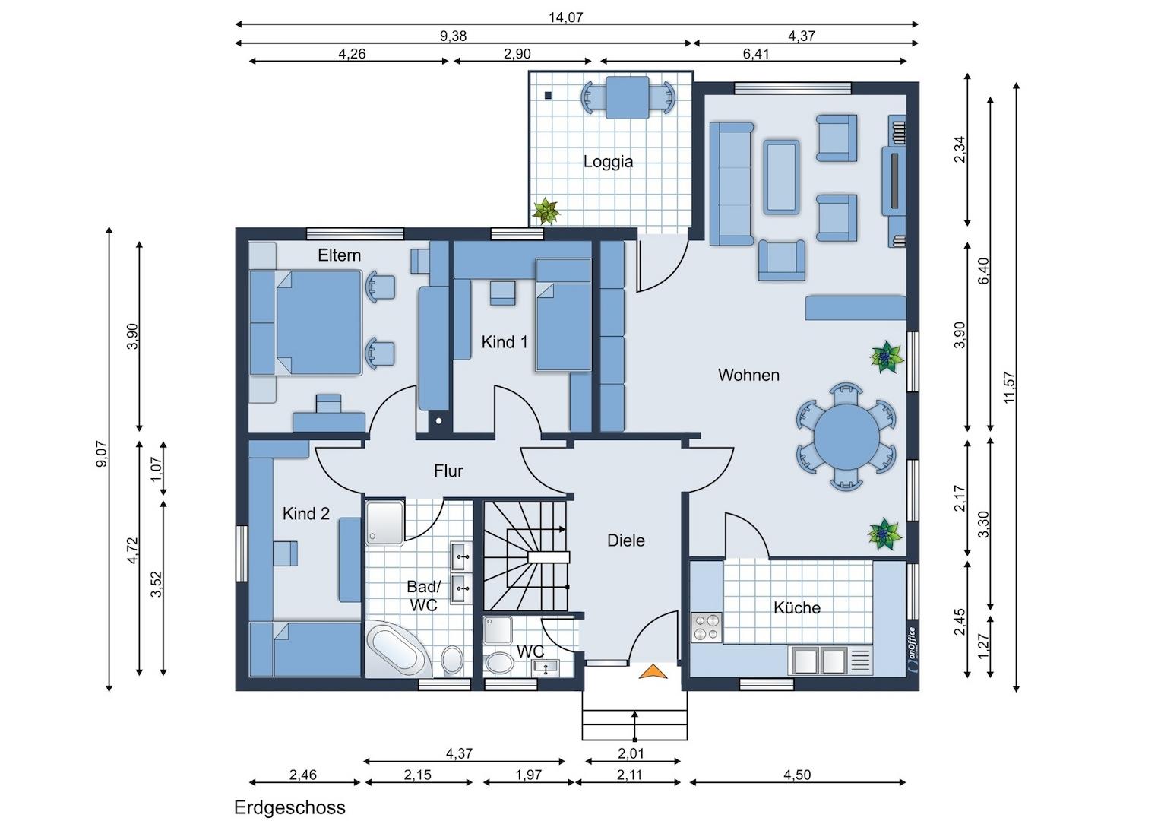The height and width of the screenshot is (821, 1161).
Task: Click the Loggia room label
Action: tap(608, 162)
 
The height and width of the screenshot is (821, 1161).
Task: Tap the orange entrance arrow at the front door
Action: tap(653, 672)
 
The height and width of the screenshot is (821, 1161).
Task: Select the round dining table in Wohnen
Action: tap(846, 436)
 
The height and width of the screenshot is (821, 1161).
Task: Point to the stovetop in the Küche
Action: tap(706, 627)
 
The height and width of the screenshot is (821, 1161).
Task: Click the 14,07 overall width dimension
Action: tap(566, 17)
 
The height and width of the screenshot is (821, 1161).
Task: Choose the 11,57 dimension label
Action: tap(1009, 388)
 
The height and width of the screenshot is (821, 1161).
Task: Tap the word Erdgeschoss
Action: tap(289, 807)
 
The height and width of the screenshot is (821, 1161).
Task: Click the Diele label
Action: tap(626, 540)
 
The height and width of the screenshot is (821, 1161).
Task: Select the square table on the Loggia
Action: tap(627, 97)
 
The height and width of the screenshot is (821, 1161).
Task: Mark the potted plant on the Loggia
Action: tap(546, 211)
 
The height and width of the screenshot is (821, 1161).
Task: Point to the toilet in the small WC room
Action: tap(498, 664)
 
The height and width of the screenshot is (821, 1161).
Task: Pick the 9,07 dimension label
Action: tap(102, 454)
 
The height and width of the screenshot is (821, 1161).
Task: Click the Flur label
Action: tap(448, 471)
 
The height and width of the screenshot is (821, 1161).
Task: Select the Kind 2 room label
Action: tap(305, 513)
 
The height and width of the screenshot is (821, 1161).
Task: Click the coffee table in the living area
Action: tap(781, 177)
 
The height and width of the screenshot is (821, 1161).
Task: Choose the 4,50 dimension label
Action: tap(797, 775)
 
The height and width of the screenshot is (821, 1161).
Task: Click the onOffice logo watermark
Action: tap(913, 650)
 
